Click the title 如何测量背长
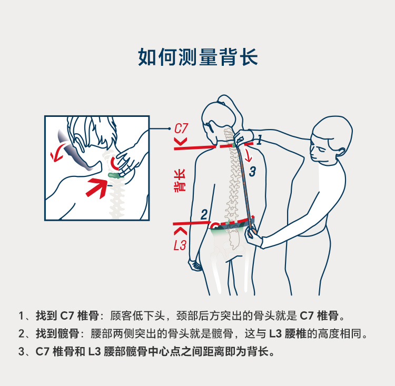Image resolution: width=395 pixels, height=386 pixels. click(x=197, y=57)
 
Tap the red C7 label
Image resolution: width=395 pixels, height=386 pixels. click(x=181, y=128)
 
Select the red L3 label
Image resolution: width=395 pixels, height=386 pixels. click(x=180, y=245)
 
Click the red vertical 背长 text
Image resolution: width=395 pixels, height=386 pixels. click(x=180, y=181)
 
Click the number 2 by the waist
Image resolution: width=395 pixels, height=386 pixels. click(x=204, y=214)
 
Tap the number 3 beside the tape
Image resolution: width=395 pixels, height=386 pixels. click(x=252, y=172)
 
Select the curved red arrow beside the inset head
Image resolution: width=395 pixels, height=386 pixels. click(x=58, y=152)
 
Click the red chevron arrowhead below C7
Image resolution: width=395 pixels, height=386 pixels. click(x=181, y=142)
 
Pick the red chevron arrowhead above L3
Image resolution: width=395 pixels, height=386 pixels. click(x=180, y=231)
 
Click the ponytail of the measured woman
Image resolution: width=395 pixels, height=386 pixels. click(x=231, y=108)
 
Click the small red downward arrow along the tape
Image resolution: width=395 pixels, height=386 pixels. click(x=248, y=155)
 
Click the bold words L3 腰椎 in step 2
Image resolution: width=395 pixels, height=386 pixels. click(x=288, y=333)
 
